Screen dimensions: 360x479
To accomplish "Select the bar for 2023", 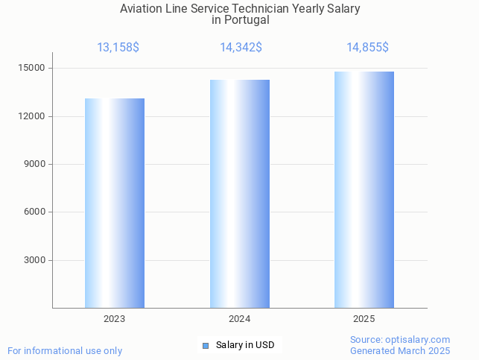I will pos(115,203).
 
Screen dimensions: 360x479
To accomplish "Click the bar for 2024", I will pos(239,194).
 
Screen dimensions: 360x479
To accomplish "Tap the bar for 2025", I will pos(364,190).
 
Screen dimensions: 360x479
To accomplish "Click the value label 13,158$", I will pos(118,48).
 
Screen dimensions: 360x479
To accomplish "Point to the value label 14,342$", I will pos(241,48).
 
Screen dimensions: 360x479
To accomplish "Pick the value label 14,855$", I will pos(367,48).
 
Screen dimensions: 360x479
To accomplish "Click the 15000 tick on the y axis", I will pos(31,69).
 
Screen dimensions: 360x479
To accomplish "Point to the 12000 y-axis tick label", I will pos(31,116).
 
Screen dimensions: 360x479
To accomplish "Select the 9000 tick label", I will pos(34,164).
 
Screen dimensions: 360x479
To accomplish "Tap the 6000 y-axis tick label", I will pos(34,212).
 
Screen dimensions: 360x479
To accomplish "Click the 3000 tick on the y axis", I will pos(34,260).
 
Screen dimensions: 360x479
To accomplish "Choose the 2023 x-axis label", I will pos(114,319).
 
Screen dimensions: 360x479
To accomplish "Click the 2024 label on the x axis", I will pos(239,319).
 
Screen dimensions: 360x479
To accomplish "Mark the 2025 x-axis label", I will pos(364,319).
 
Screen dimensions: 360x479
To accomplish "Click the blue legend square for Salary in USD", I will pos(206,345).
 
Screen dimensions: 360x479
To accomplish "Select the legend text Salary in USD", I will pos(245,345).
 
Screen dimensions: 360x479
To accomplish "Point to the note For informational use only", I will pos(65,350).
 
